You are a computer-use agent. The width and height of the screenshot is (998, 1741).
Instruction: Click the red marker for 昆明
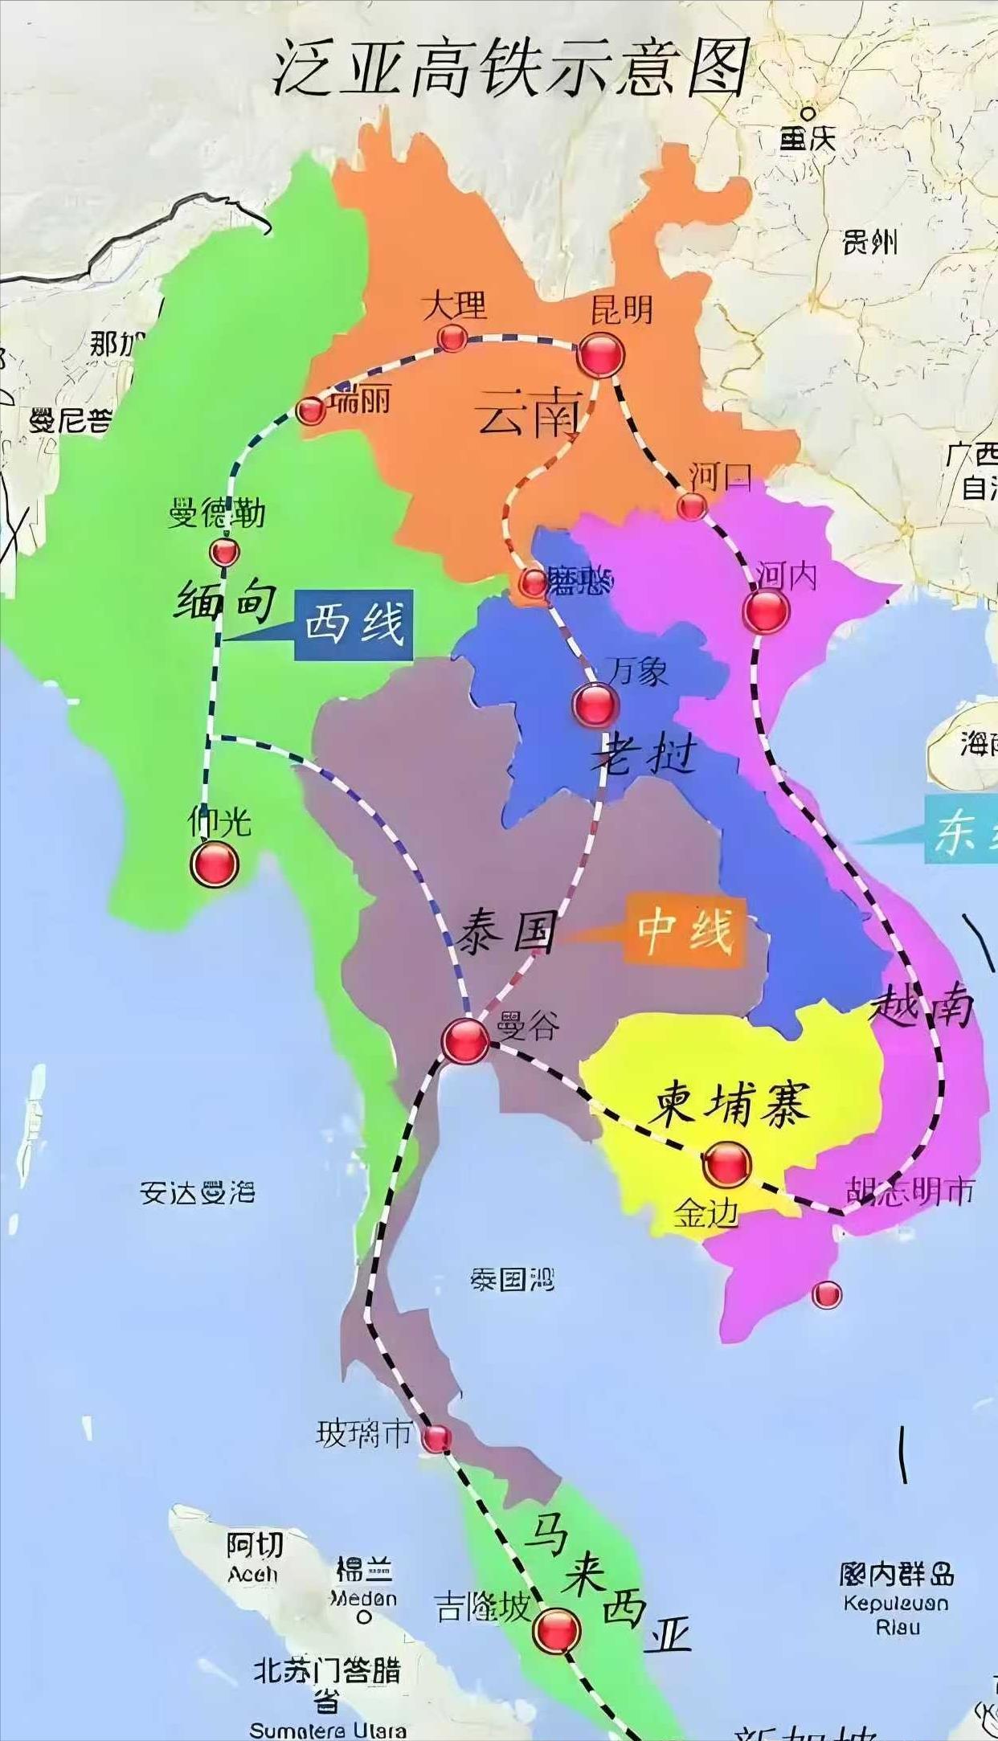pos(600,354)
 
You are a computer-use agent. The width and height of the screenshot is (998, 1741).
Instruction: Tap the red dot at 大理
pos(452,338)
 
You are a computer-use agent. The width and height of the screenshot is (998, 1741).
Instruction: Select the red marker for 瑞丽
pos(311,411)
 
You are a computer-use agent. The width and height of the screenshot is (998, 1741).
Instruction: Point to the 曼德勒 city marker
pos(224,552)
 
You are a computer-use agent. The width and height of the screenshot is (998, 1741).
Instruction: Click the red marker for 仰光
pos(215,864)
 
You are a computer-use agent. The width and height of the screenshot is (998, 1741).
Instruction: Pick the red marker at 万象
pos(595,705)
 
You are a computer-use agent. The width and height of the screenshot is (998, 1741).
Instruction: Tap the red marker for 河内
pos(766,611)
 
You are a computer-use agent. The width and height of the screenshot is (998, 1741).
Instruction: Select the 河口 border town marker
pos(691,506)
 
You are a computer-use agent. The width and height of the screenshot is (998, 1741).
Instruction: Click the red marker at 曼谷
pos(465,1040)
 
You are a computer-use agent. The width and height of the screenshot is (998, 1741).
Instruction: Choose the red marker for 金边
pos(726,1164)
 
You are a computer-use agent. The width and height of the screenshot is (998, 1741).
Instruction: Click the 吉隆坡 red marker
pos(557,1630)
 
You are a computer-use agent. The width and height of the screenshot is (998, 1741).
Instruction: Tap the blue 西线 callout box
pos(354,624)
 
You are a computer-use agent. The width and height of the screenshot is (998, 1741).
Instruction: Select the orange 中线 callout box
pos(685,931)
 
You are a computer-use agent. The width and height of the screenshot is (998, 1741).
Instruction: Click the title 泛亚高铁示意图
pos(511,67)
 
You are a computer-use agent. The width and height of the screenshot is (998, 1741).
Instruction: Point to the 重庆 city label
pos(808,139)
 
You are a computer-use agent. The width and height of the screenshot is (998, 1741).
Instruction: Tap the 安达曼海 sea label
pos(197,1192)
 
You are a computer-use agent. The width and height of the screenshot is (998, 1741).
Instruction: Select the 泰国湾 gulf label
pos(513,1279)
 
